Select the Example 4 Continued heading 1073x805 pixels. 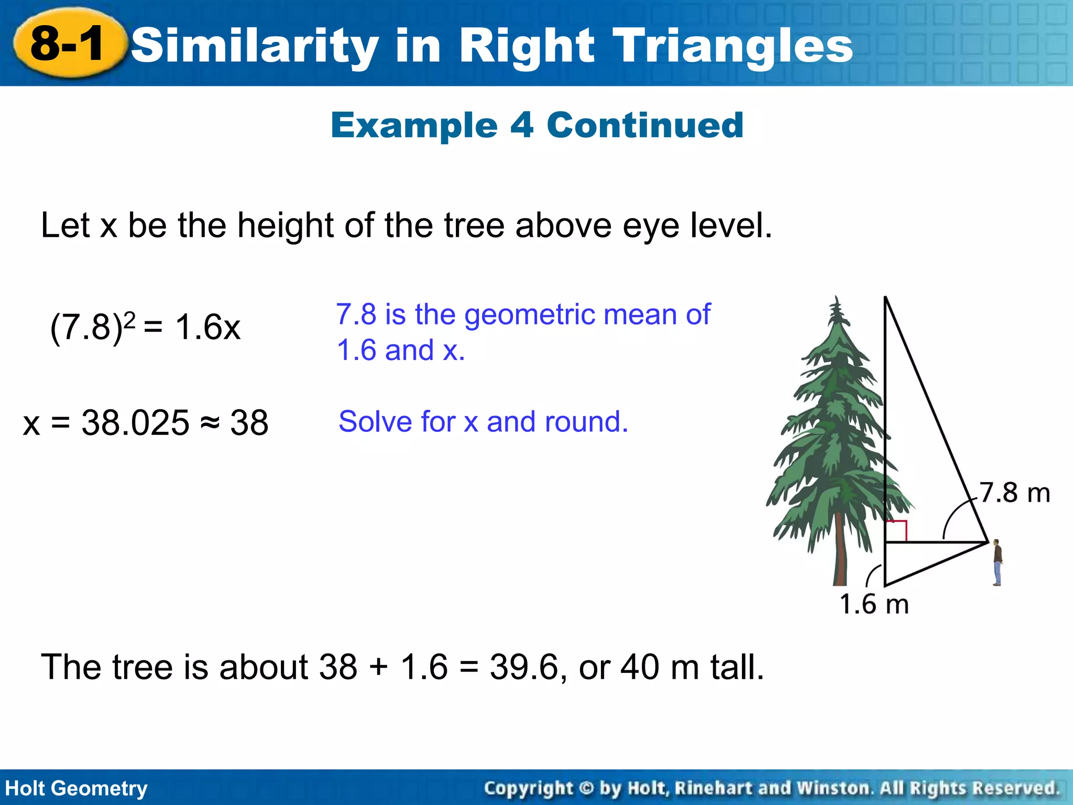pos(537,126)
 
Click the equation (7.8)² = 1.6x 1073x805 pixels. pos(145,328)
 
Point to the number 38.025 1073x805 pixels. pos(135,423)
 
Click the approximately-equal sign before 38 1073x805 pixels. pos(210,422)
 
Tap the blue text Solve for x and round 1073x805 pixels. pos(483,421)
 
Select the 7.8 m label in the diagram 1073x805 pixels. pos(1015,493)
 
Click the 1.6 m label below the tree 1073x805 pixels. pos(874,604)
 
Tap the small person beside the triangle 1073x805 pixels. pos(997,562)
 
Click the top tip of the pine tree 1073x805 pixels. pos(836,300)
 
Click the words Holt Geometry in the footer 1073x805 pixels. pos(76,788)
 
